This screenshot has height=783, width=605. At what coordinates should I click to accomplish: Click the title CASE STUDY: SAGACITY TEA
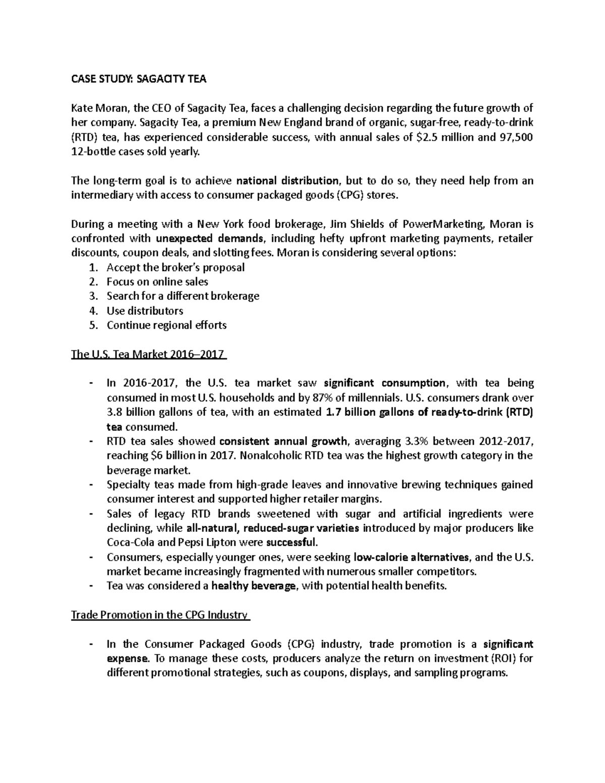click(x=139, y=79)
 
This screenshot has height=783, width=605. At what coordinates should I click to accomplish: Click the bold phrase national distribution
click(x=287, y=181)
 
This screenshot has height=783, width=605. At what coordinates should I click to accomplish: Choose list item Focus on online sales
click(x=157, y=282)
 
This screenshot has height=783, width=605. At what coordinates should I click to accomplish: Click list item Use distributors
click(x=145, y=311)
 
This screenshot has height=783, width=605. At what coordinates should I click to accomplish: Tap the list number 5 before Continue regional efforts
click(x=92, y=325)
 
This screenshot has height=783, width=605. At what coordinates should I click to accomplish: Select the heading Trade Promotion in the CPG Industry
click(x=160, y=615)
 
